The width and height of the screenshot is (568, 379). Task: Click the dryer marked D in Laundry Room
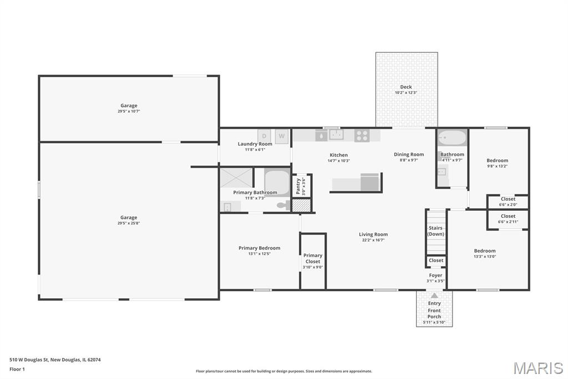pos(264,136)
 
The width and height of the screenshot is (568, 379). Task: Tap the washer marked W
pos(281,136)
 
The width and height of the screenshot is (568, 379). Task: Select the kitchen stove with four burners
pos(362,136)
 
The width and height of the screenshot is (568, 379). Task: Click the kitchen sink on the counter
pos(336,134)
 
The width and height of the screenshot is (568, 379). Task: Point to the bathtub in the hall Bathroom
pos(452,138)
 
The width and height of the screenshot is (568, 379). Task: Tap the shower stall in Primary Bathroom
pos(236,178)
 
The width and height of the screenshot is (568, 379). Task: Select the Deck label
pos(406,87)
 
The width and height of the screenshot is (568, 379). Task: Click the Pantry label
pos(298,186)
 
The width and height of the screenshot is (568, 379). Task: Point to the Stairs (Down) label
pos(435,231)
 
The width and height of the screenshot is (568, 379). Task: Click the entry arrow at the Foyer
pos(434,296)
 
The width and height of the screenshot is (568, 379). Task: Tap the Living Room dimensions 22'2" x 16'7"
pos(373,240)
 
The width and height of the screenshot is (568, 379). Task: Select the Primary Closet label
pos(313,258)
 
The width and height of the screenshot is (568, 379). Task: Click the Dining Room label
pos(409,154)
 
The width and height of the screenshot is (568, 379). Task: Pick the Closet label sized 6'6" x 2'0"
pos(508,199)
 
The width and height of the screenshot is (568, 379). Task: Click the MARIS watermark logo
pos(538,368)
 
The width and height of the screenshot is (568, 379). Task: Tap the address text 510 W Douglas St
pos(29,360)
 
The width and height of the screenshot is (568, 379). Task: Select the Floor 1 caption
pos(17,369)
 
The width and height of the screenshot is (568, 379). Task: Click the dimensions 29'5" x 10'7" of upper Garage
pos(129,112)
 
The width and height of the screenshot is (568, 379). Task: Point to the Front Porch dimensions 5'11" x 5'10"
pos(434,322)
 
